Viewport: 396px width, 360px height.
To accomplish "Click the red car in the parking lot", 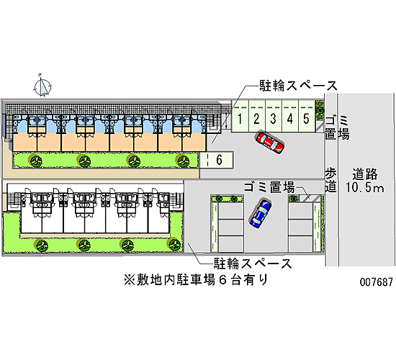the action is coord(270,142).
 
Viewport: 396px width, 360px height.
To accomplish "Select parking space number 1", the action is coord(240,116).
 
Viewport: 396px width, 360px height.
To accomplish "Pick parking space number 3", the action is coord(274,116).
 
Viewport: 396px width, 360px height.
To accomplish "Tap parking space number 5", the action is coord(307,116).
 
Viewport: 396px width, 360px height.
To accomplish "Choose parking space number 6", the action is coord(217,160).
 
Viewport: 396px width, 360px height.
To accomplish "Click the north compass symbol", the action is coord(43,86).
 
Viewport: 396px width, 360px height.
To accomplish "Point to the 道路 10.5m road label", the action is coord(365,181).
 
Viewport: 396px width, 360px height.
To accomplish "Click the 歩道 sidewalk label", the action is coord(330,180).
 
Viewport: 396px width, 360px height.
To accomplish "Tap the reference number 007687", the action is coord(377,282).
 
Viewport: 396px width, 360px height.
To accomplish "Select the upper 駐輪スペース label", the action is coord(299,86).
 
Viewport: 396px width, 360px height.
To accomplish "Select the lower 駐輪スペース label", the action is coord(253,264).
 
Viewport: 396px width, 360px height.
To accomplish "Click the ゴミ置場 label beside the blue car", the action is coord(269,187).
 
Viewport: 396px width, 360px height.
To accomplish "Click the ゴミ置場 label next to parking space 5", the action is coord(337,127).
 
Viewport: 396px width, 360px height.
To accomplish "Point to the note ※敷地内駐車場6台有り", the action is coord(195,280).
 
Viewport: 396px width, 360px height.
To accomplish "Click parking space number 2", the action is coord(257,116).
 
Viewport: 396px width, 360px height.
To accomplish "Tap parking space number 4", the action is coord(290,116).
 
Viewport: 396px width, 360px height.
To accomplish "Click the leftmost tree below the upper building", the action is coord(35,161).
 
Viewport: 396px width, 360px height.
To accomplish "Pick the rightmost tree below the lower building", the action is coord(175,244).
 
